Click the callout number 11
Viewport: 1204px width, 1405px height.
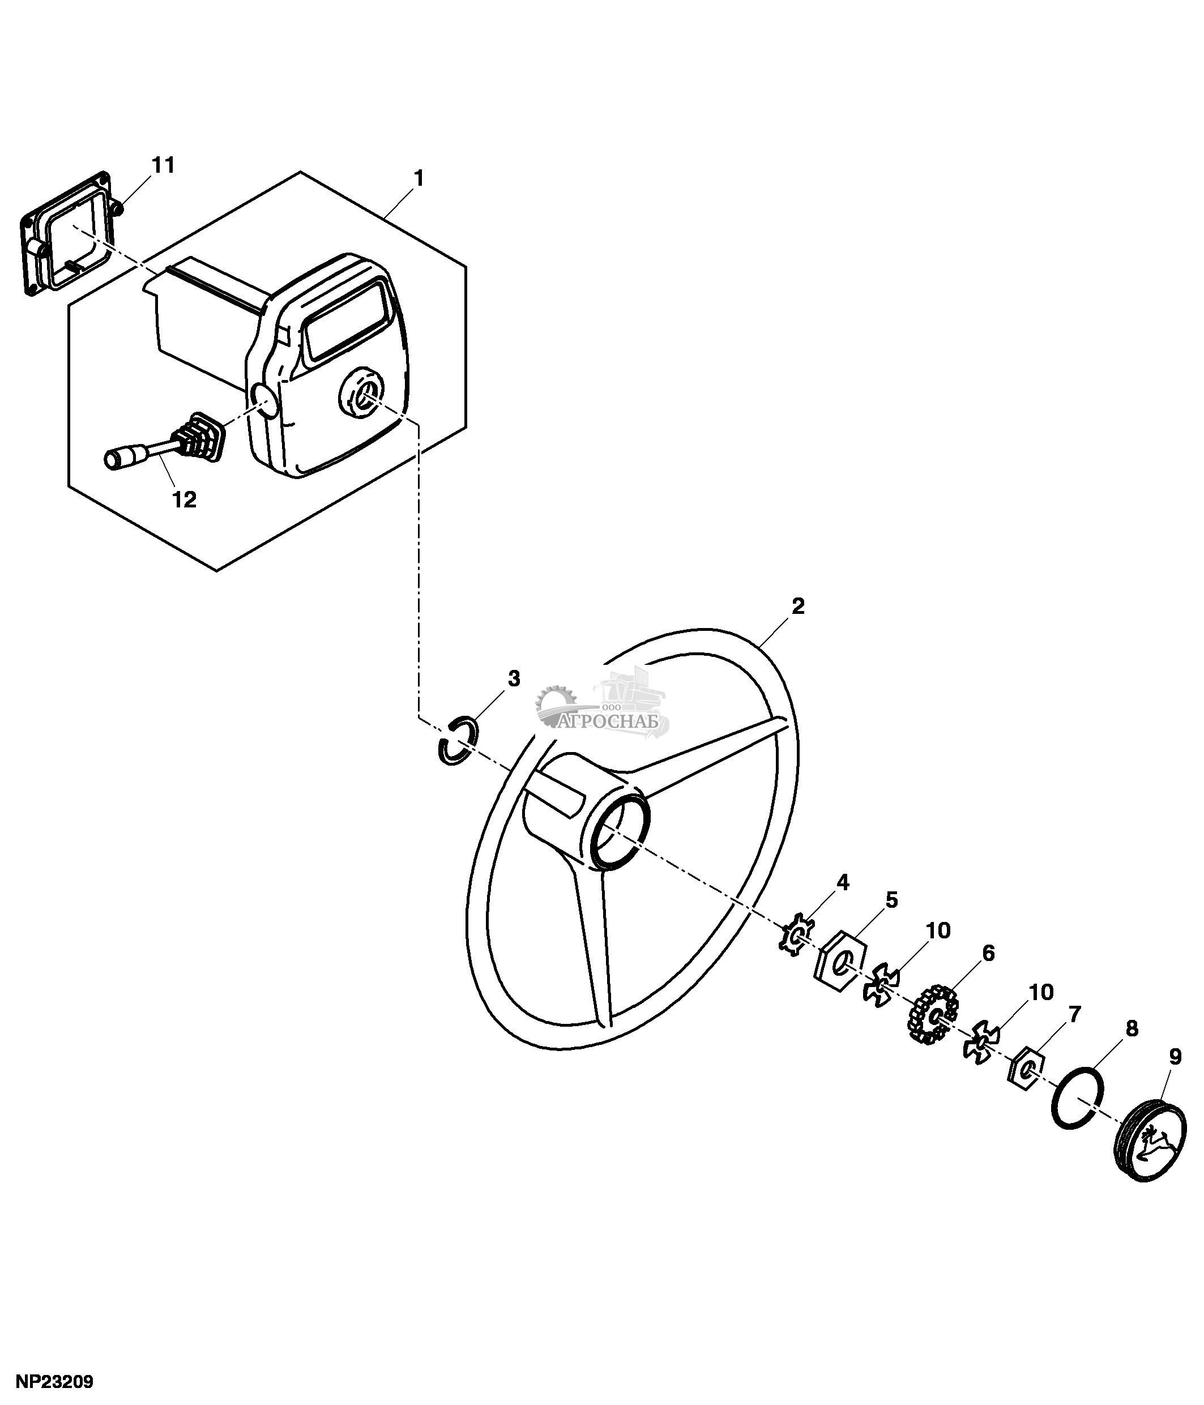point(163,165)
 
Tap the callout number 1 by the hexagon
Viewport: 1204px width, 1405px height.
point(419,178)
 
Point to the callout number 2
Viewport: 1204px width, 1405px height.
point(798,606)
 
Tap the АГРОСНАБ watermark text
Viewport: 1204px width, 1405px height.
point(609,721)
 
